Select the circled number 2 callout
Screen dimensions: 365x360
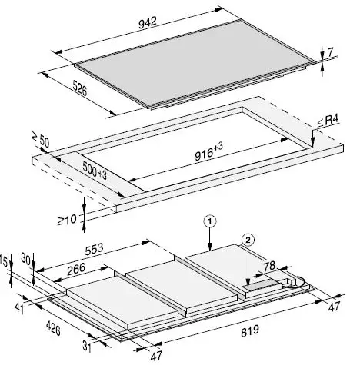click(x=248, y=239)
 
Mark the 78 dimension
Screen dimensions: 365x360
click(x=269, y=267)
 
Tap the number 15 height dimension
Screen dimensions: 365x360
click(x=5, y=263)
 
